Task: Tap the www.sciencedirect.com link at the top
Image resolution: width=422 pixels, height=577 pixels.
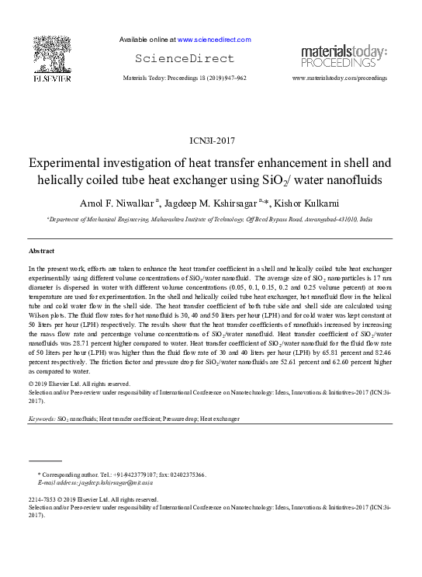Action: tap(214, 40)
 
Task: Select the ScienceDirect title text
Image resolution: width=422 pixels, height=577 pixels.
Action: tap(184, 58)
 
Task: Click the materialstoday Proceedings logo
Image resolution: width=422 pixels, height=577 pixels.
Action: tap(344, 56)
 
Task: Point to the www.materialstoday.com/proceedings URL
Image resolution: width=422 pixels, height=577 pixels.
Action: tap(339, 78)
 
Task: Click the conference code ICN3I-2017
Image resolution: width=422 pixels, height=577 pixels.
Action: tap(211, 141)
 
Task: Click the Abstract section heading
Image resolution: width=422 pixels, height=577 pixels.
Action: tap(41, 252)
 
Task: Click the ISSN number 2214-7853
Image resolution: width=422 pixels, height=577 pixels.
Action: tap(43, 499)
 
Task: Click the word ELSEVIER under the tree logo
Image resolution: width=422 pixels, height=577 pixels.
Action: tap(51, 78)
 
